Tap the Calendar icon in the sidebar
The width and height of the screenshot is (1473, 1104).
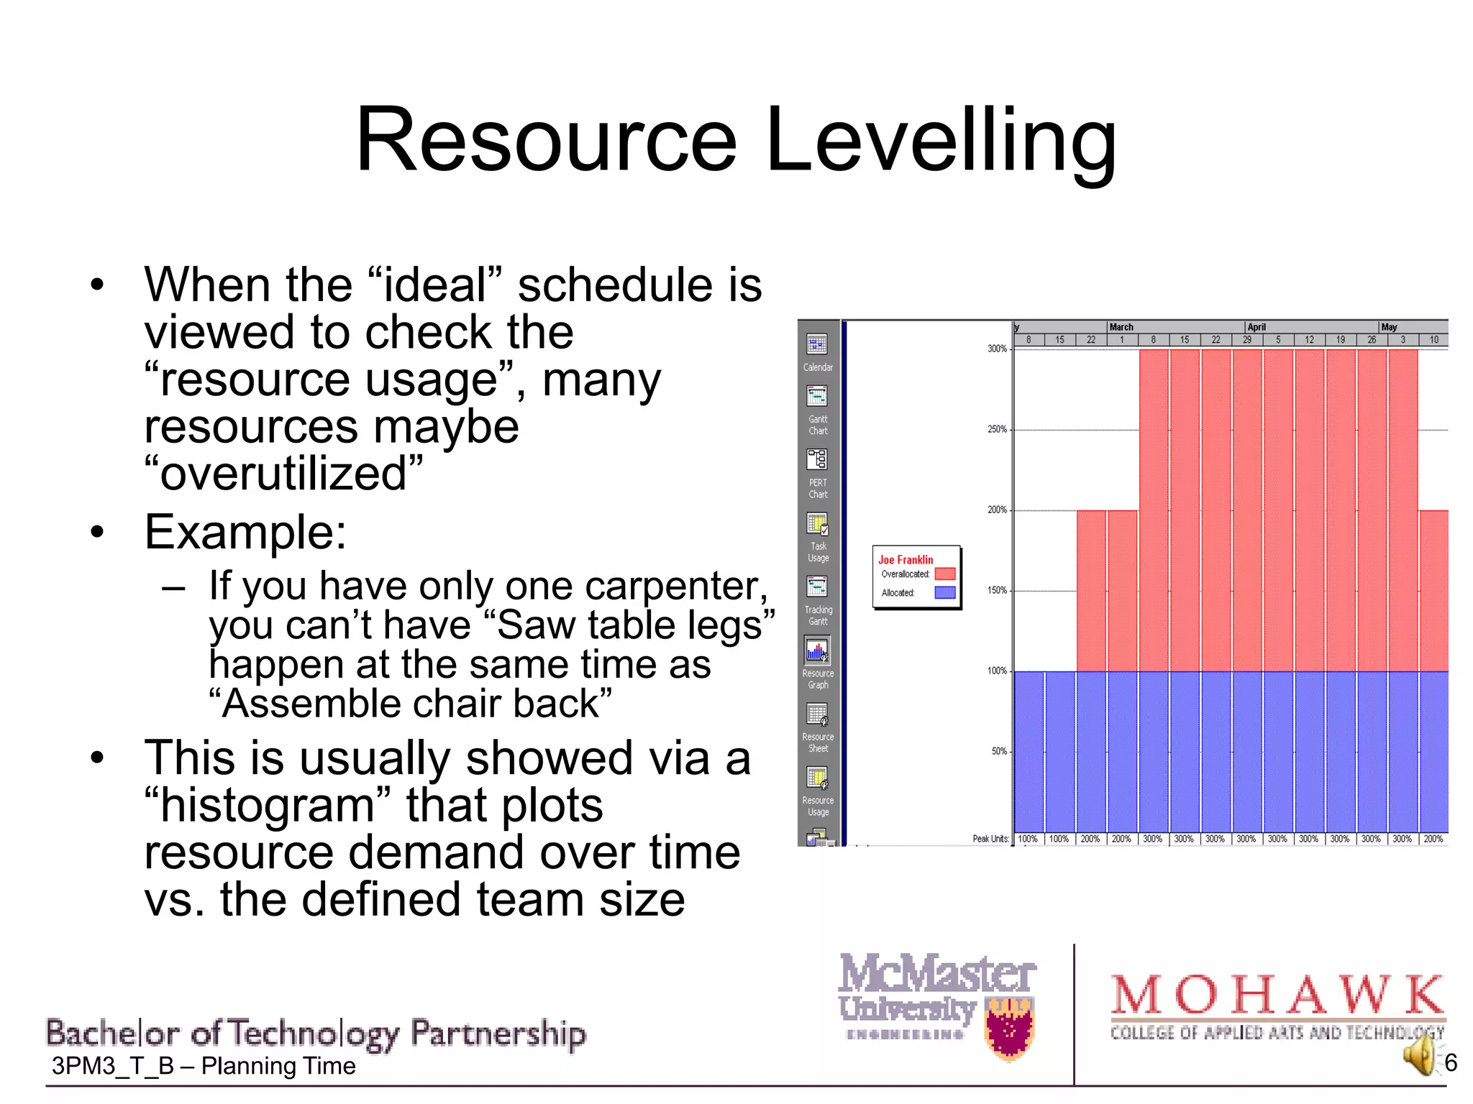tap(817, 344)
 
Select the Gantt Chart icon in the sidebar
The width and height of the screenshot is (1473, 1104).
tap(817, 396)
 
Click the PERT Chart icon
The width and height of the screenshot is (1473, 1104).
tap(817, 459)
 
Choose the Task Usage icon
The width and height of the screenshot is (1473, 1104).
tap(817, 524)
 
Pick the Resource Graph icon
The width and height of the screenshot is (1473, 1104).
tap(817, 650)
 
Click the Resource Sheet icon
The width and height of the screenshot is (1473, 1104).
tap(817, 714)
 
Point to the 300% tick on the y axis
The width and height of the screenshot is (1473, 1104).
tap(997, 349)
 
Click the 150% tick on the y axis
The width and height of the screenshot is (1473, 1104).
tap(997, 590)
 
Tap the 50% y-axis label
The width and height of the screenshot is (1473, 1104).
tap(999, 751)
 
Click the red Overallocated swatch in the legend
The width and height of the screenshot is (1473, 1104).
tap(944, 574)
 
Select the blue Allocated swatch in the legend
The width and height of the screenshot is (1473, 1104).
tap(944, 592)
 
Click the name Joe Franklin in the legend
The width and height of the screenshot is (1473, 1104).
tap(906, 559)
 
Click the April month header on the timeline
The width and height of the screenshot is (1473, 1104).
tap(1257, 327)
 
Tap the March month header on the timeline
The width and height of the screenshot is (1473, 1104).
tap(1121, 327)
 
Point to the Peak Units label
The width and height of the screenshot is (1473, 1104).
tap(990, 839)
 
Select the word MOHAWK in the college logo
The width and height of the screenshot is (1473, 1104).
tap(1277, 995)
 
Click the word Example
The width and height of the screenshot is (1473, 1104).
tap(245, 533)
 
